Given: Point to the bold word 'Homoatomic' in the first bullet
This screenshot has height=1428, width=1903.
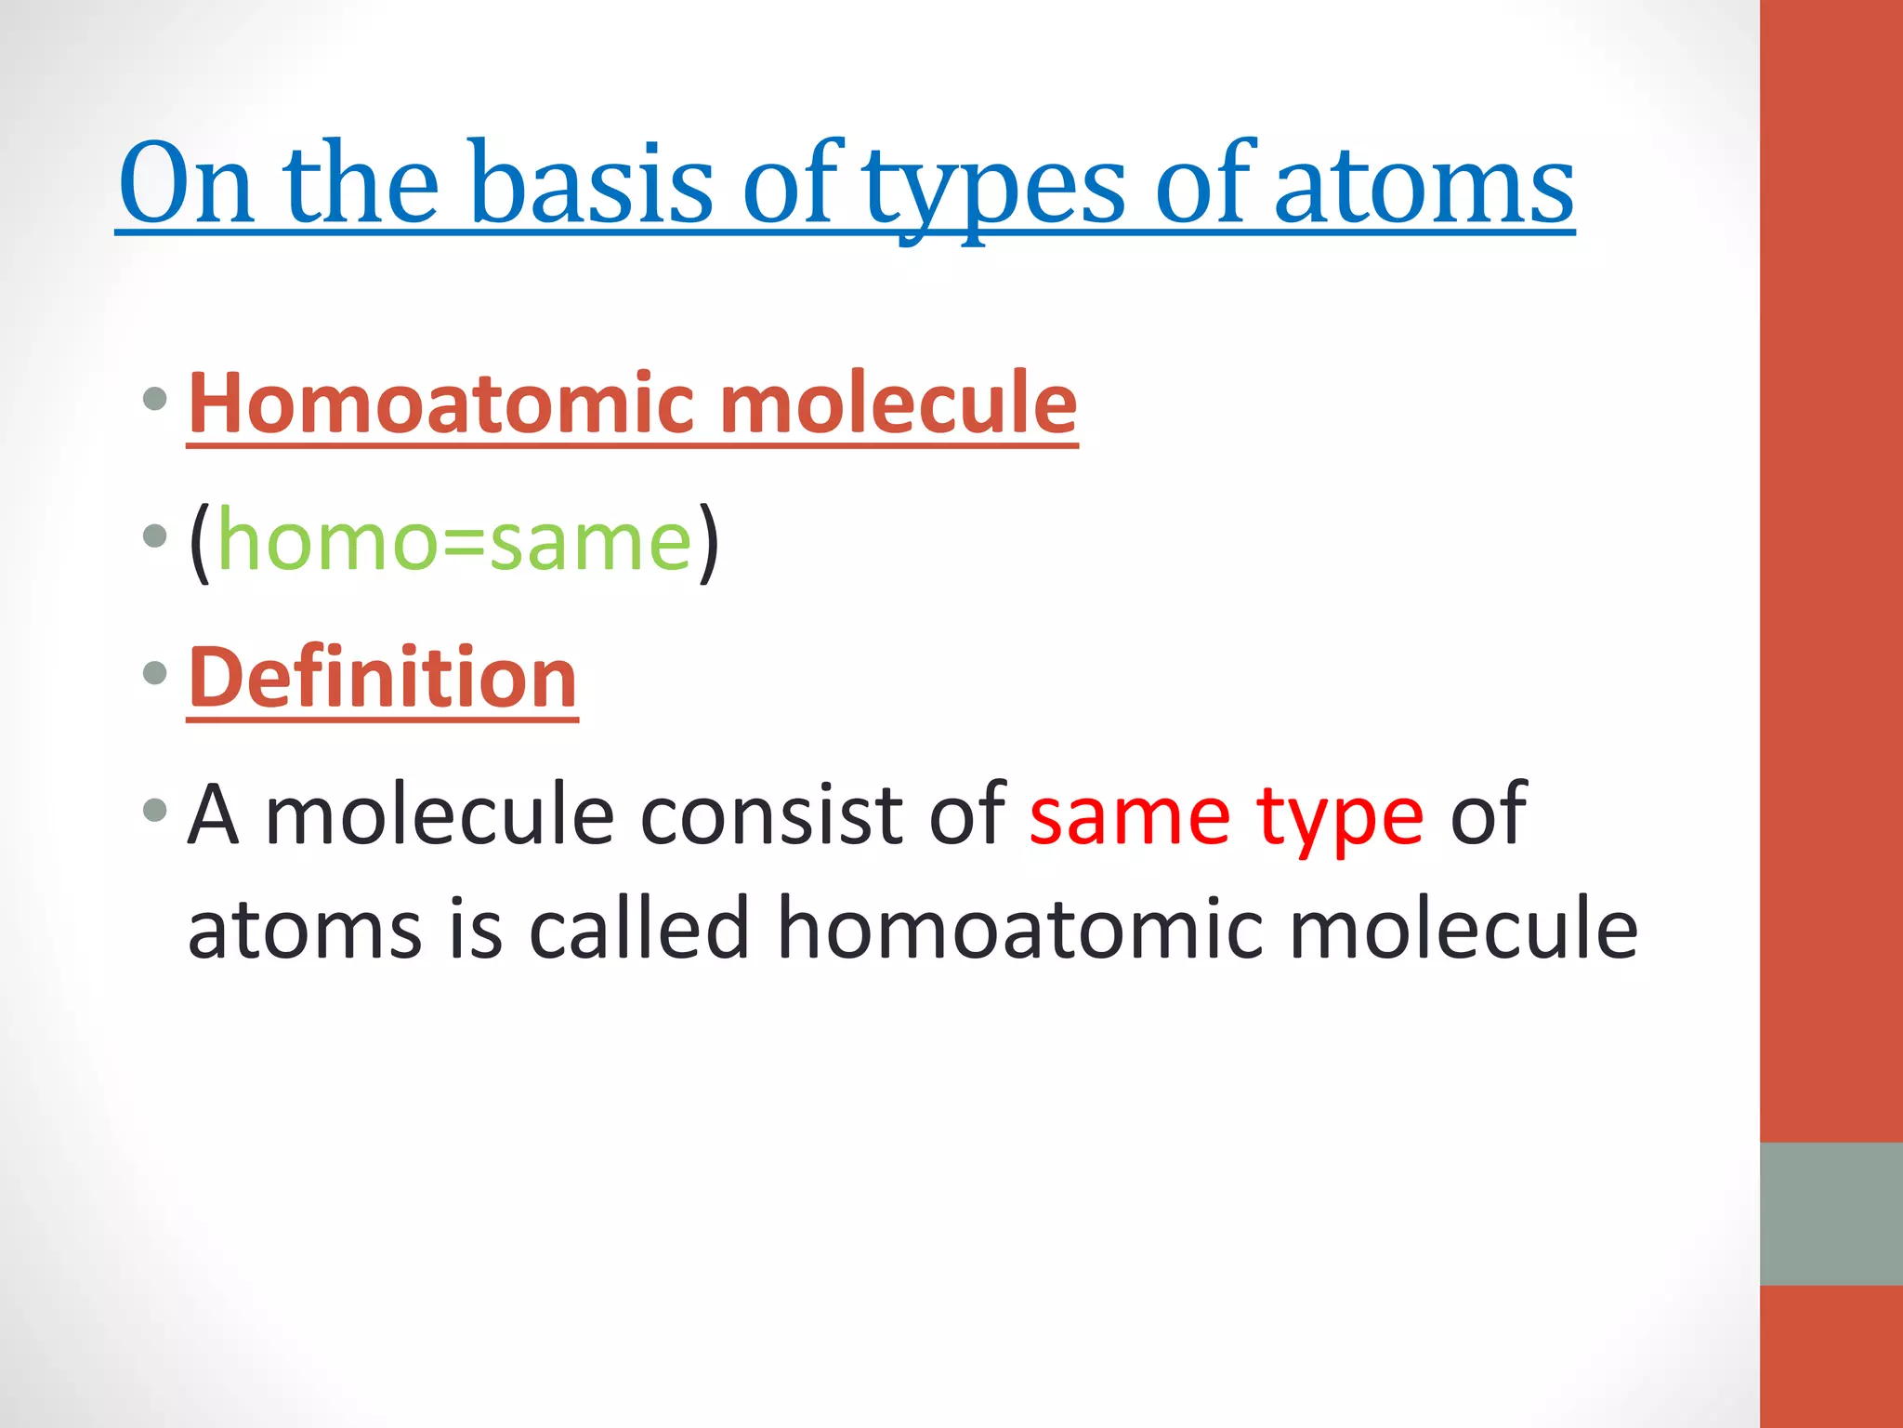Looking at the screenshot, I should (x=441, y=403).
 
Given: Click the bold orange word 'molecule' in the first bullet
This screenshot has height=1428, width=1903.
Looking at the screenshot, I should (x=898, y=403).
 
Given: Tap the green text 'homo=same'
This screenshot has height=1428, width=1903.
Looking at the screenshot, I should (x=454, y=541).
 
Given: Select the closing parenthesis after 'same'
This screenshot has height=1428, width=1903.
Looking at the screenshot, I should (x=708, y=543).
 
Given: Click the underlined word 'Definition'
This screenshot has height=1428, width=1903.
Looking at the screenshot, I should (x=383, y=678).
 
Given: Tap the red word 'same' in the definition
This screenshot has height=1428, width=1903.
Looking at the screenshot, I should (x=1130, y=816).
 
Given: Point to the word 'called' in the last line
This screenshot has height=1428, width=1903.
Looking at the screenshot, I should (x=639, y=929).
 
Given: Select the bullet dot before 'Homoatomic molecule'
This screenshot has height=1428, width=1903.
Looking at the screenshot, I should (x=155, y=400).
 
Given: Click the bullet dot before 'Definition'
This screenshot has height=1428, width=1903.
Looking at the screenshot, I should (x=155, y=673).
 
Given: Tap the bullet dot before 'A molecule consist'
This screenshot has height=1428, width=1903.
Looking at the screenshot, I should (x=155, y=810).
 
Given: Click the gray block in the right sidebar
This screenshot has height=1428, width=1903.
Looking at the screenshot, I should (x=1831, y=1213).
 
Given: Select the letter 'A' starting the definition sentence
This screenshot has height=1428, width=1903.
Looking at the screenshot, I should (x=214, y=814).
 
